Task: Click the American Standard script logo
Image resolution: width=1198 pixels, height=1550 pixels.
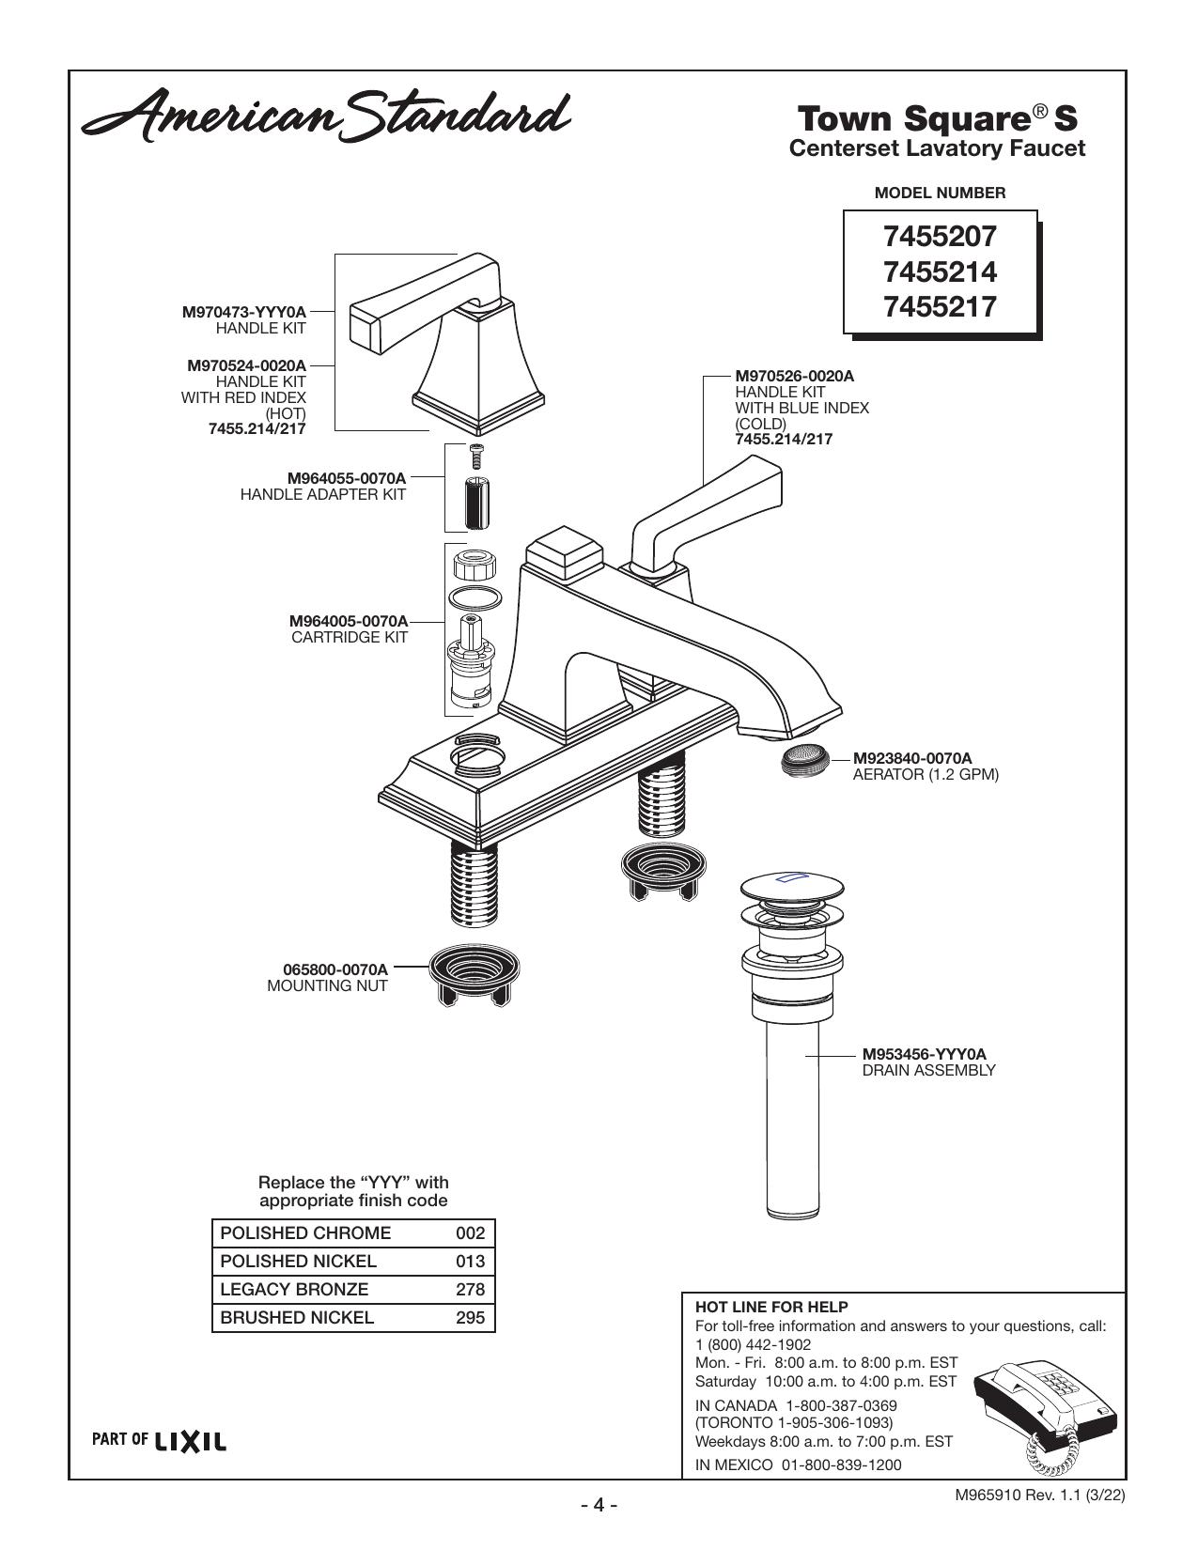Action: (x=326, y=115)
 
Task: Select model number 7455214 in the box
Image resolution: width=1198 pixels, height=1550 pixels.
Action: (x=940, y=271)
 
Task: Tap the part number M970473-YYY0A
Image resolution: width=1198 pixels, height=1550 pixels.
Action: (x=244, y=313)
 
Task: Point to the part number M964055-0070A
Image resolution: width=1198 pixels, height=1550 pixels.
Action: (x=347, y=478)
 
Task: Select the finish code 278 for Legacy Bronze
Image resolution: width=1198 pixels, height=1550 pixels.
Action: (x=470, y=1290)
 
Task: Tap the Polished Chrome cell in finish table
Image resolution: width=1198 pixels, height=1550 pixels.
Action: (x=305, y=1233)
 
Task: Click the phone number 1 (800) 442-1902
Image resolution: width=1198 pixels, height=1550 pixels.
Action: (x=753, y=1344)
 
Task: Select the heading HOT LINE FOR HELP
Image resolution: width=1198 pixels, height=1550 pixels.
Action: (x=771, y=1307)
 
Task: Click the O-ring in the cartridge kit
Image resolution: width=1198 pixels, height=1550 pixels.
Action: (x=475, y=597)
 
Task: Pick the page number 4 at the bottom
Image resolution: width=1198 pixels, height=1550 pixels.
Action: (x=599, y=1504)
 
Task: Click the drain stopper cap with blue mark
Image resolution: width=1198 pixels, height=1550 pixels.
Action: (x=792, y=885)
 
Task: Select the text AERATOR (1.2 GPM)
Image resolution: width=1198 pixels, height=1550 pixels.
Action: (x=926, y=775)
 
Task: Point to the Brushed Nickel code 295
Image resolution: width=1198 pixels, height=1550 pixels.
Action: (x=470, y=1317)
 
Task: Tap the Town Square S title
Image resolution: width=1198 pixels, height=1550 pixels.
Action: (x=937, y=118)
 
